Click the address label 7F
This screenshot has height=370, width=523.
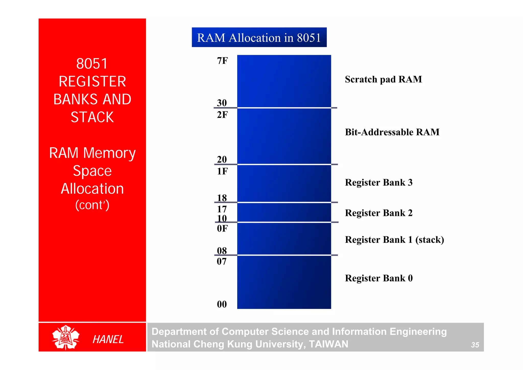(222, 61)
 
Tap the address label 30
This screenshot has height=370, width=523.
(222, 103)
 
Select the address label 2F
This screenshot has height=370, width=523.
(222, 115)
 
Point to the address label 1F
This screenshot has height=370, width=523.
(222, 171)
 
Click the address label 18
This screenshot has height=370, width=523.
(222, 198)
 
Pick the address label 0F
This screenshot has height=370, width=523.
(222, 228)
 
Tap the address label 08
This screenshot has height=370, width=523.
(222, 251)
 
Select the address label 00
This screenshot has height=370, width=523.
(222, 304)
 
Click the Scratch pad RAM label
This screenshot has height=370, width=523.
(383, 79)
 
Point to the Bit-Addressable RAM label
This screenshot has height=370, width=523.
(392, 132)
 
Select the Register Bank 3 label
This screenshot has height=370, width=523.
(378, 182)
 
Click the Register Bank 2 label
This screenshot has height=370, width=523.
(378, 213)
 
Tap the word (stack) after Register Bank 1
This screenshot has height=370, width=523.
(430, 240)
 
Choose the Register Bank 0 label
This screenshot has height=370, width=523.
(378, 278)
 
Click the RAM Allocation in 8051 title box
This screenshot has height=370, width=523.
(259, 38)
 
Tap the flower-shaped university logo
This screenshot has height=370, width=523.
(66, 337)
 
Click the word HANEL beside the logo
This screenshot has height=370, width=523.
(108, 339)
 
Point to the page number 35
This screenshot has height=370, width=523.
(475, 345)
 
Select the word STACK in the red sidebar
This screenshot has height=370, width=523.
(92, 117)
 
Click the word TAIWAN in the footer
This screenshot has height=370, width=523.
(328, 344)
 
